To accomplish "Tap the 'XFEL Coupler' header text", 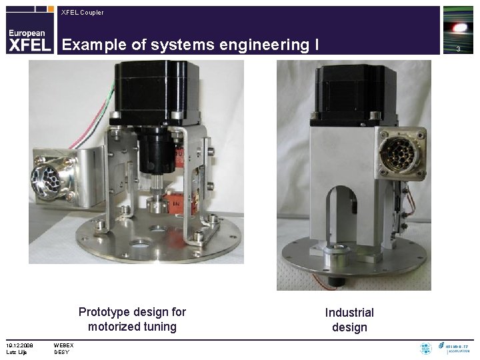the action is (x=82, y=12).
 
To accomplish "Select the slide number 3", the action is (x=458, y=49).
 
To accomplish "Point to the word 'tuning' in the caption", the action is (x=160, y=327).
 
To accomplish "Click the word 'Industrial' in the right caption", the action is (x=349, y=313).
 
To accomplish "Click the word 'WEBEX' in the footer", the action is (x=64, y=345).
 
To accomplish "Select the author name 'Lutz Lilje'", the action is (x=16, y=351).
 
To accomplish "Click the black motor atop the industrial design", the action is (x=348, y=93).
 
